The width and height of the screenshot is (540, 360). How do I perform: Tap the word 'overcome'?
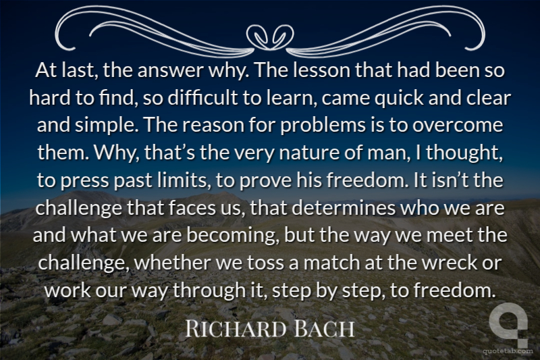[458, 126]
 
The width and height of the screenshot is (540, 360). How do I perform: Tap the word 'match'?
[331, 263]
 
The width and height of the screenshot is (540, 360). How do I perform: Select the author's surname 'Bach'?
[325, 329]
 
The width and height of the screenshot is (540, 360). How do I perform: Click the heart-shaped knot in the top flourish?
[270, 37]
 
